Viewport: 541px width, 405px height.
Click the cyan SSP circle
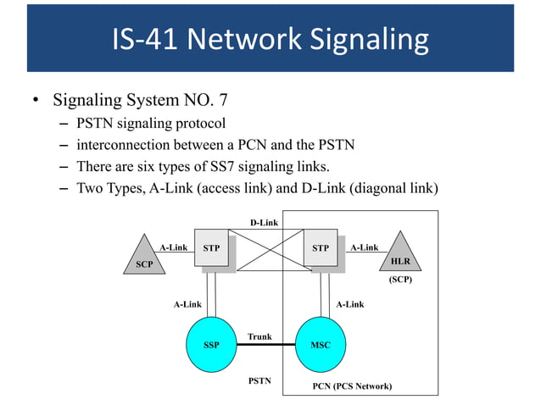point(211,345)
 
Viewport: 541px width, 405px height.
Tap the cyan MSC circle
point(321,345)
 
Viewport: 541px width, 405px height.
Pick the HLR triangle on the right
point(400,255)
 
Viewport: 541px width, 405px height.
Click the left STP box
point(212,249)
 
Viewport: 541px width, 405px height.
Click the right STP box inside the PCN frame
point(321,249)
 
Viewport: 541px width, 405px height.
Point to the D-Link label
point(264,223)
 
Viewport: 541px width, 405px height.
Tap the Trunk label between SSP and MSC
point(259,336)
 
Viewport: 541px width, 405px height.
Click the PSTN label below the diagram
point(259,380)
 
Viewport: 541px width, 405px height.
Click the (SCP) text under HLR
point(400,279)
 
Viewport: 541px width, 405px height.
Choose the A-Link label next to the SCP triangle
point(174,247)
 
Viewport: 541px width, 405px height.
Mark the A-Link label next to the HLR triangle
point(365,247)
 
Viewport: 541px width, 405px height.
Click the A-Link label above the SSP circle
point(187,303)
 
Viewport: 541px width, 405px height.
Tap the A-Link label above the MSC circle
point(349,303)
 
